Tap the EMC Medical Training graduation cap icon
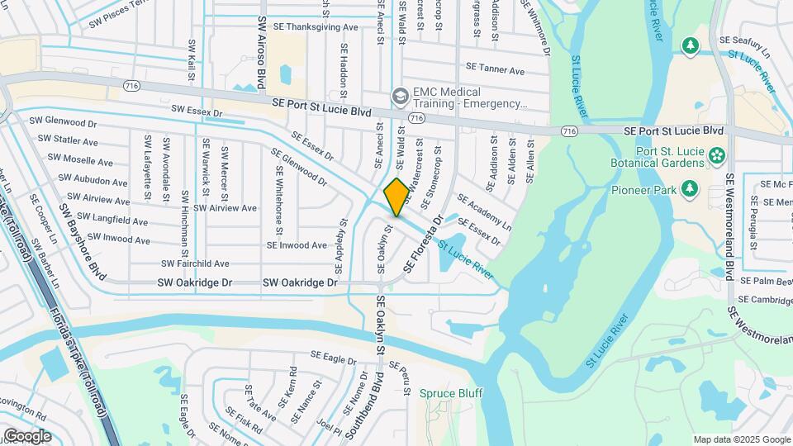[x=401, y=97]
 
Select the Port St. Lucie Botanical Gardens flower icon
[x=716, y=154]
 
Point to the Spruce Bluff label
[x=450, y=393]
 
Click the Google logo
[x=27, y=435]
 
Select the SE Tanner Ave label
[x=496, y=66]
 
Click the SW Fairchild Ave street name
[x=195, y=263]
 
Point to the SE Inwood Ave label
[x=297, y=245]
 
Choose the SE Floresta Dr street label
[x=424, y=244]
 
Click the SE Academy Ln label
[x=484, y=212]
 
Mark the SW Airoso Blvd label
[x=261, y=51]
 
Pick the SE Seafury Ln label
[x=745, y=40]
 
